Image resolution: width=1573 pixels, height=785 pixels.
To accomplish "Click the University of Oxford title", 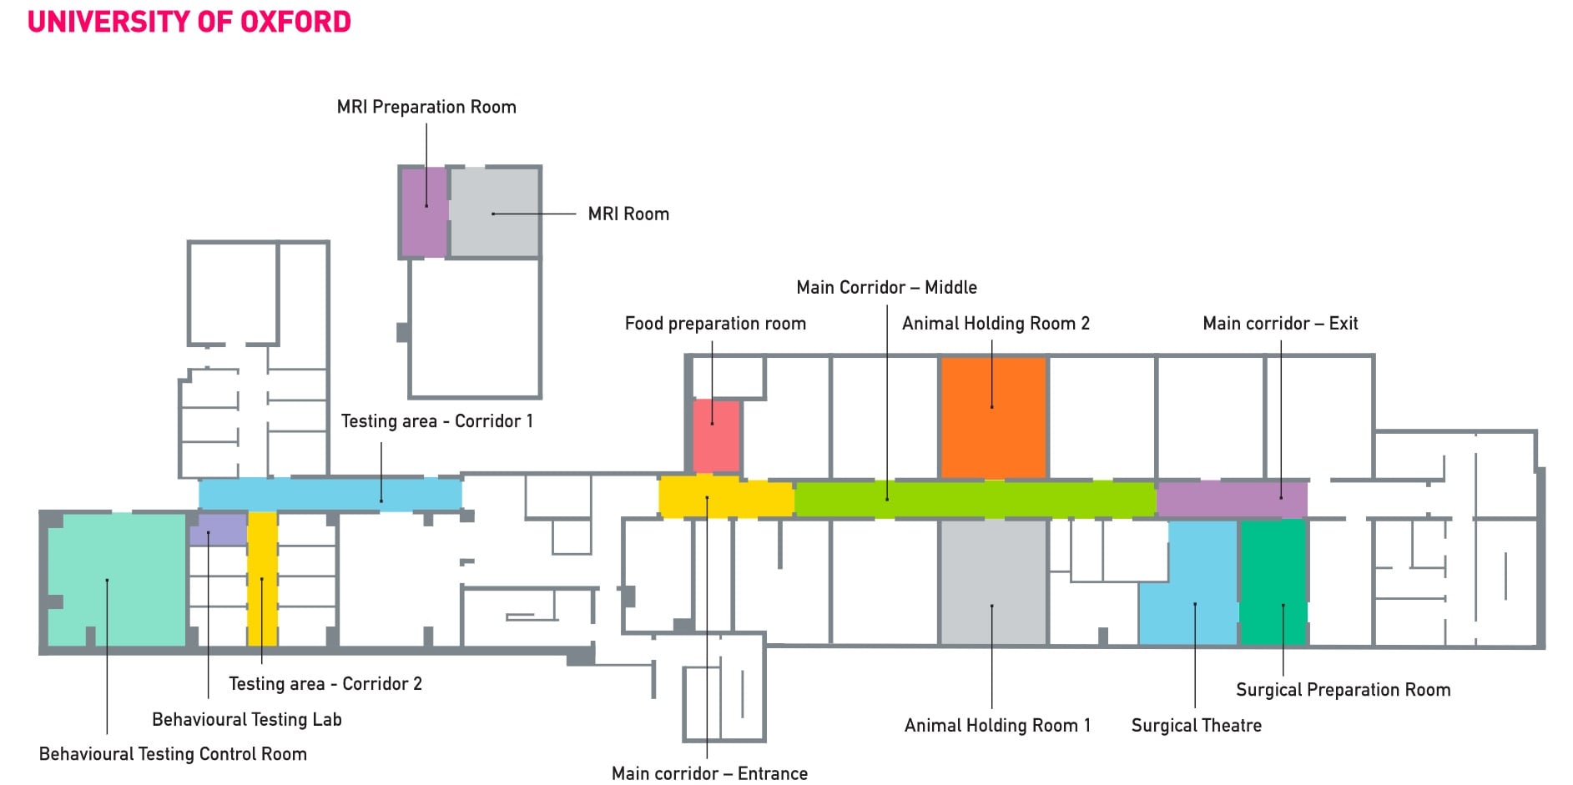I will (189, 22).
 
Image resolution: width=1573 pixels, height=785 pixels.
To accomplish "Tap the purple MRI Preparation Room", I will (424, 213).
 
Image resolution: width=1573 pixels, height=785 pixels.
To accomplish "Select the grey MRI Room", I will (495, 213).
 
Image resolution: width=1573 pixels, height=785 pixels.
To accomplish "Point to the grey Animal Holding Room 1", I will (993, 581).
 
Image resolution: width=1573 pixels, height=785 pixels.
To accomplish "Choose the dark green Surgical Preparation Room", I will (1273, 581).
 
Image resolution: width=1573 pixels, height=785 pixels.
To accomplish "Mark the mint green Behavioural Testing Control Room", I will (115, 579).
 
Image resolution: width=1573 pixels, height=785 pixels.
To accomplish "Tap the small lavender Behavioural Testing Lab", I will (218, 530).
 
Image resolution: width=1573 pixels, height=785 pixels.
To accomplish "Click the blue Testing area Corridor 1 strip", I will (330, 494).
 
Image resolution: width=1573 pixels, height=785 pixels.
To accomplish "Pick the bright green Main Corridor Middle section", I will (974, 499).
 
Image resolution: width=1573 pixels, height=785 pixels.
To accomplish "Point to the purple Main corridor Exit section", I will (1232, 499).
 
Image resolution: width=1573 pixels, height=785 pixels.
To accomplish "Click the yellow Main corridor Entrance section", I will (724, 497).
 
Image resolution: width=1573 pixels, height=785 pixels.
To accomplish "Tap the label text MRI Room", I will (628, 214).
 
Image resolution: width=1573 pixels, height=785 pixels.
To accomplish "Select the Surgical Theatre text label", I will (1196, 726).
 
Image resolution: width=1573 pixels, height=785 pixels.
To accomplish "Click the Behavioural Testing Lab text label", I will (247, 720).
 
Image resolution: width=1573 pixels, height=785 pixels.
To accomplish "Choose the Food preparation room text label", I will (715, 324).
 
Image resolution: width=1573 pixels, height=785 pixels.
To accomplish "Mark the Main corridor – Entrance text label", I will (709, 774).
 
